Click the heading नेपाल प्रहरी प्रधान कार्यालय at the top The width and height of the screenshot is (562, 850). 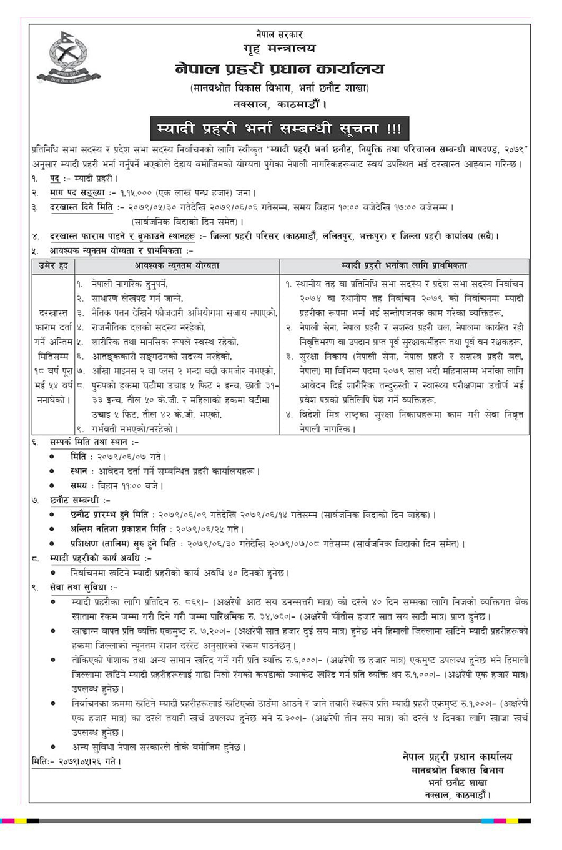tap(280, 69)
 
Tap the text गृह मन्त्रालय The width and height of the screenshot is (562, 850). tap(279, 48)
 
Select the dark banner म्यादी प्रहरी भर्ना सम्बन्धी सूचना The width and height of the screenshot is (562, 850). tap(279, 129)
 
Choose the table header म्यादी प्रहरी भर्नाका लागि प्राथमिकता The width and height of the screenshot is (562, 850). tap(404, 266)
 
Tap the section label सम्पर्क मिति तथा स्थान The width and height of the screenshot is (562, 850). tap(90, 442)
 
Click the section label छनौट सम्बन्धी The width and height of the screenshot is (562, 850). tap(80, 500)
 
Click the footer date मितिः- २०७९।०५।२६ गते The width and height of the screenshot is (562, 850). tap(76, 761)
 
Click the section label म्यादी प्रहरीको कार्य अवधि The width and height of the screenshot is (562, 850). tap(100, 558)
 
